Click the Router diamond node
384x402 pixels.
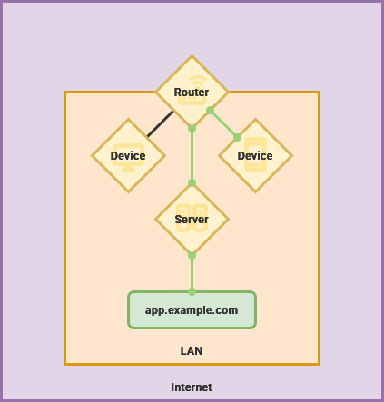point(192,92)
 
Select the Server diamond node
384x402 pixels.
point(192,219)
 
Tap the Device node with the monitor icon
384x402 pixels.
point(128,155)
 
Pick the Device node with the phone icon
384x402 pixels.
point(255,155)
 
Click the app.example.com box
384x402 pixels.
point(192,309)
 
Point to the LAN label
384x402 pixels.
point(192,351)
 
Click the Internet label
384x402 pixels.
point(192,387)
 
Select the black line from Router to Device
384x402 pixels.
point(160,123)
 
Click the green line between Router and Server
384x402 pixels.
point(192,155)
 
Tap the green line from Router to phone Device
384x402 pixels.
point(223,123)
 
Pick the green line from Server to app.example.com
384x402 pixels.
point(192,273)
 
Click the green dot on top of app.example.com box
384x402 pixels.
point(192,292)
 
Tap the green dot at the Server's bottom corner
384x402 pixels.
point(192,255)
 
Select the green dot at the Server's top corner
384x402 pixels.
point(192,182)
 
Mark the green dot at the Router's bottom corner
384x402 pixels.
point(192,128)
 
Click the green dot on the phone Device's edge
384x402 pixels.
point(237,138)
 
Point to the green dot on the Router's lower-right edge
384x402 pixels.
point(210,110)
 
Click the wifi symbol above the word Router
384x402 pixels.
point(198,81)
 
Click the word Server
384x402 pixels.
point(192,220)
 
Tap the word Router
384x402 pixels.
point(192,93)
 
